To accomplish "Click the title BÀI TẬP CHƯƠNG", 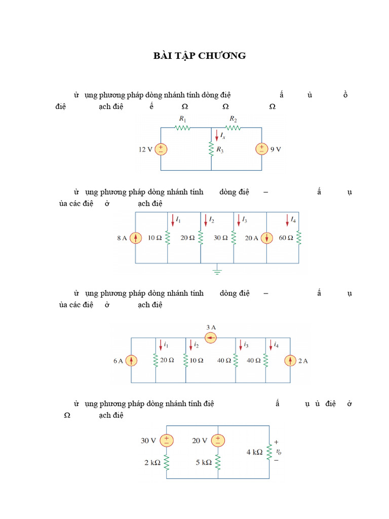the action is [200, 56].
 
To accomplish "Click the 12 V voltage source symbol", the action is [161, 149].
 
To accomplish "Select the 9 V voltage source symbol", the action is [262, 149].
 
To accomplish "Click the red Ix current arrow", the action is [217, 135].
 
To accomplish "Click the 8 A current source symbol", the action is [135, 238].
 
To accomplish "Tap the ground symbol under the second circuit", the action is [217, 271].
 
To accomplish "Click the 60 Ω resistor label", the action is [286, 238].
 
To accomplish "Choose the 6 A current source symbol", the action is [131, 360].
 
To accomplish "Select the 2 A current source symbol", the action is [290, 360].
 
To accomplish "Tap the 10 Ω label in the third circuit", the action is [197, 360].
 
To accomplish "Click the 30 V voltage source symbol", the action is [167, 440].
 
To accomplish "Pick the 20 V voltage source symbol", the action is [218, 440].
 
